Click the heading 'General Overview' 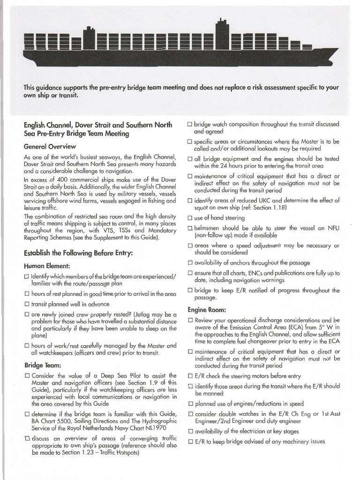pos(50,146)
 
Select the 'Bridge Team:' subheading pos(43,365)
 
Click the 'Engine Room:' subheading pos(207,310)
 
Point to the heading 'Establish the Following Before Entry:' pos(79,253)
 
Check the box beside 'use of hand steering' pos(190,218)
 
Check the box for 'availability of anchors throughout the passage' pos(190,263)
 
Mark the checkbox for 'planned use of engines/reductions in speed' pos(190,404)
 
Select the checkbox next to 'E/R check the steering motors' pos(190,376)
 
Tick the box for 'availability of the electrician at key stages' pos(190,431)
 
